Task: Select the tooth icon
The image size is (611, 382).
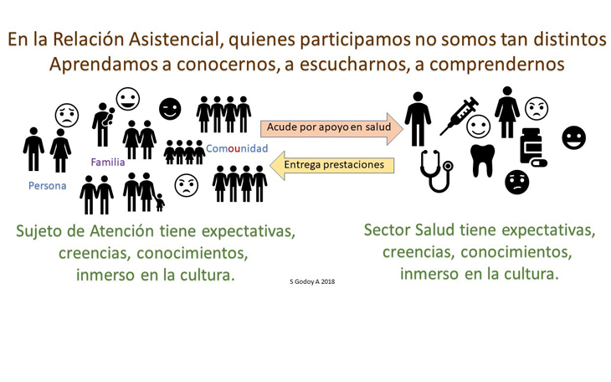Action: pos(482,160)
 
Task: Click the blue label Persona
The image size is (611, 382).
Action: pos(47,185)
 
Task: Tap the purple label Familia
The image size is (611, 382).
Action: pos(107,162)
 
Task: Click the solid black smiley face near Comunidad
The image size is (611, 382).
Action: pos(170,108)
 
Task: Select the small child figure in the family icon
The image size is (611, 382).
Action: pos(160,203)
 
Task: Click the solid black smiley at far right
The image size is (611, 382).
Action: pos(573,137)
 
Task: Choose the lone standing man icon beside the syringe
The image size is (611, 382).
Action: pos(417,119)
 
